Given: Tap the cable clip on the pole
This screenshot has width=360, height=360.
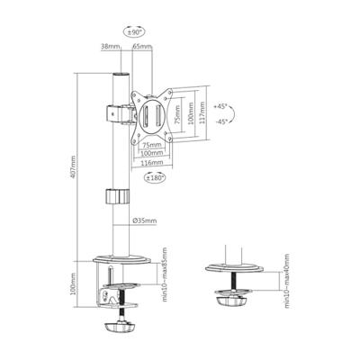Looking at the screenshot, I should pos(114,196).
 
